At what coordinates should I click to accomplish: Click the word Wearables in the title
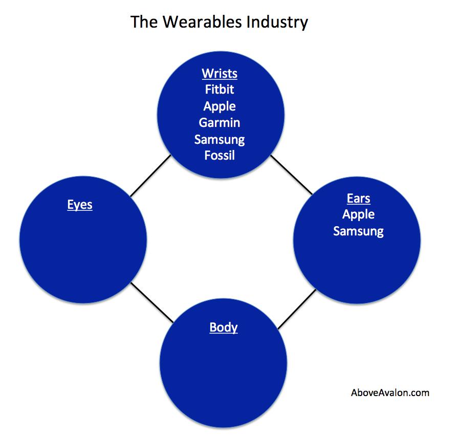pos(202,22)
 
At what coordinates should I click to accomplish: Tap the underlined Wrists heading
pos(220,74)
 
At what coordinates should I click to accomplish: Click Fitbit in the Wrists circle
pos(220,89)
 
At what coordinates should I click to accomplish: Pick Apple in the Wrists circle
pos(220,106)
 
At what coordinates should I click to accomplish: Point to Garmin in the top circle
pos(220,123)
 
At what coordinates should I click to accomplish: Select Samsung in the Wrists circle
pos(220,140)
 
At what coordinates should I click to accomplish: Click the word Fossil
pos(220,156)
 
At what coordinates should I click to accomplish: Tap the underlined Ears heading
pos(359,199)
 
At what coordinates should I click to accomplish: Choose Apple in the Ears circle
pos(359,214)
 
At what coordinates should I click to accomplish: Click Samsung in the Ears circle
pos(359,231)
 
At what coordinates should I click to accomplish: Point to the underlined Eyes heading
pos(80,205)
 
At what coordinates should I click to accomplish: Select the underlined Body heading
pos(224,327)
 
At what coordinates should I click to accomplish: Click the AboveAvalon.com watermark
pos(390,393)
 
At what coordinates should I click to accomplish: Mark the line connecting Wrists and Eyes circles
pos(150,176)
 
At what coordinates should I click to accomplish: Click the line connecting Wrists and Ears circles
pos(292,174)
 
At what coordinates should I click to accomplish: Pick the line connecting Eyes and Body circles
pos(152,302)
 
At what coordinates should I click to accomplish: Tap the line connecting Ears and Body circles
pos(297,309)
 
